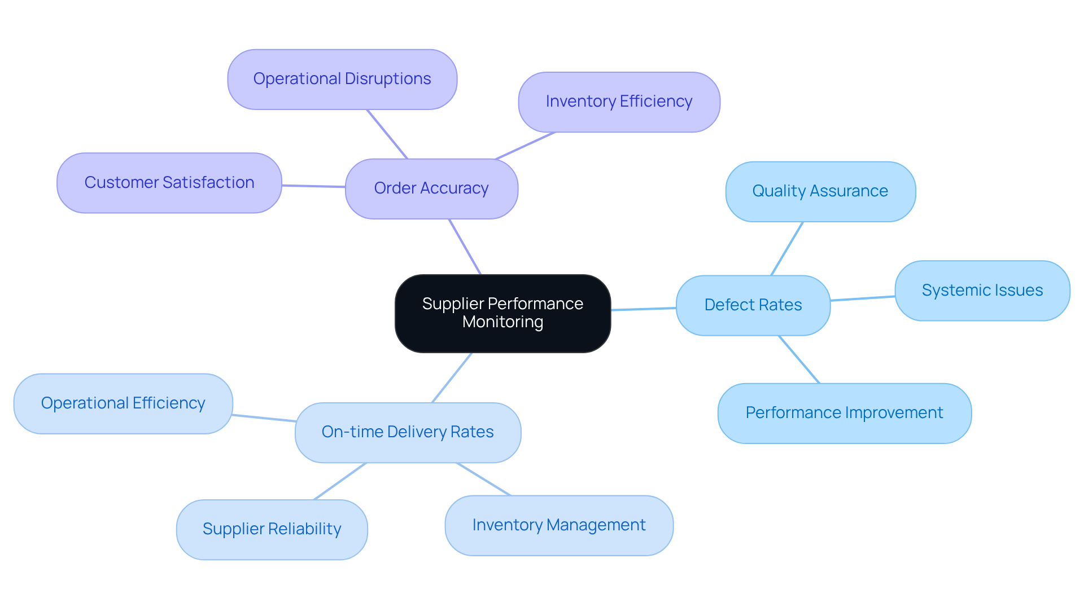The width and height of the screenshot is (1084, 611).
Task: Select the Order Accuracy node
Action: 431,188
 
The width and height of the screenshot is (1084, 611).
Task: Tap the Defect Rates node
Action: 753,305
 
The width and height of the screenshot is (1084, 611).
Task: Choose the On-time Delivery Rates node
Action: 408,432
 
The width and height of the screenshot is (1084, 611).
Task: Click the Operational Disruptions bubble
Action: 342,79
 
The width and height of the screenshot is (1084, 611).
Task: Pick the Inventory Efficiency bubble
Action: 619,102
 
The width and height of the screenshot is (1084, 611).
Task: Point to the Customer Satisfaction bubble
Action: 169,183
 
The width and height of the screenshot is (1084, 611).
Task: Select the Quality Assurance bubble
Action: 820,191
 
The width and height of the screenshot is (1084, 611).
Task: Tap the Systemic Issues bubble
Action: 982,291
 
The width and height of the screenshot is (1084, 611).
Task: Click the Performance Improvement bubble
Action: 844,413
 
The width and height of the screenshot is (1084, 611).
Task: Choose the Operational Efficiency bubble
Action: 123,403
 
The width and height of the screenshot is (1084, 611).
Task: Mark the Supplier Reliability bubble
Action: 272,529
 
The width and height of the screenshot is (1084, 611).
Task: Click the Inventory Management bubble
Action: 559,525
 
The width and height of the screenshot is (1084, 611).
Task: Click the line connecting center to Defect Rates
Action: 644,309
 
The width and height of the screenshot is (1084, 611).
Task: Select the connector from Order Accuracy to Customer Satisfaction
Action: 313,186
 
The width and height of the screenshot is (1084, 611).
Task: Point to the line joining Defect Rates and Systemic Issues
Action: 863,298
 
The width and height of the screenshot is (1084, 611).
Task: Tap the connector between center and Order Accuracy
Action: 465,247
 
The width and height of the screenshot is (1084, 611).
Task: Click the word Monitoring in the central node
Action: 502,322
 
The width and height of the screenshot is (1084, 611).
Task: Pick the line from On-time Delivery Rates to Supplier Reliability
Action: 340,481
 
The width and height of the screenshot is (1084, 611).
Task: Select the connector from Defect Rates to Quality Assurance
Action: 787,248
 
